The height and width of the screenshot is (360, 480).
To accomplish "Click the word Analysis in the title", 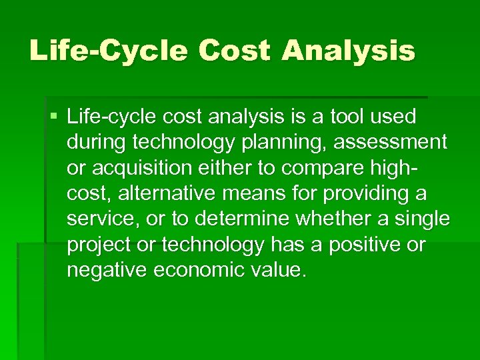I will coord(347,51).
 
